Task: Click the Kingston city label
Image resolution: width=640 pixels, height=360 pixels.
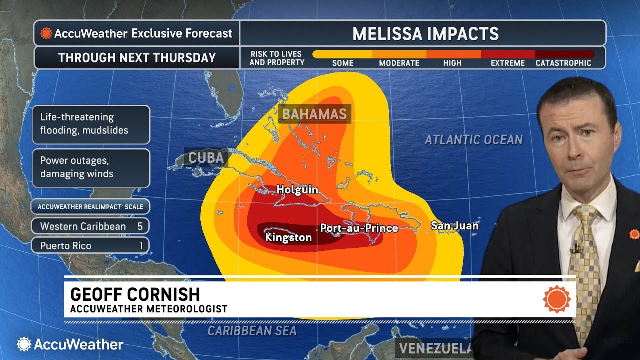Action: click(288, 237)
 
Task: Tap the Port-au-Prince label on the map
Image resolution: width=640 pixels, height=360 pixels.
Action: click(359, 228)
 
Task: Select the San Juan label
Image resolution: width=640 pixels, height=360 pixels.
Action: click(454, 226)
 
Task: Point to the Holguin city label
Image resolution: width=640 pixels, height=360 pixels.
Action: click(297, 190)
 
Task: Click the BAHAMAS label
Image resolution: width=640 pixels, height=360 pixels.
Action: click(314, 114)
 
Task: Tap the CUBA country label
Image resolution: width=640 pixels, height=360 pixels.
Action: click(206, 158)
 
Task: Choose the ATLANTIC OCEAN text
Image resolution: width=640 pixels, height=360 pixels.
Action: click(473, 140)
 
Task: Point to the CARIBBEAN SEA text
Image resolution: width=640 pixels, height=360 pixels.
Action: click(252, 331)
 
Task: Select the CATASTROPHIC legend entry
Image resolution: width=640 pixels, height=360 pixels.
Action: click(563, 63)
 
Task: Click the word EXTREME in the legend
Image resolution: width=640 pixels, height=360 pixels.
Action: click(508, 63)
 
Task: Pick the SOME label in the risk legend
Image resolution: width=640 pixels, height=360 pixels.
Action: click(343, 63)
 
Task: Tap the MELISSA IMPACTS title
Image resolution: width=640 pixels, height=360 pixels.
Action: click(425, 34)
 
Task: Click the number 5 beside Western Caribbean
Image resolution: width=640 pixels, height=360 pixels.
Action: click(140, 226)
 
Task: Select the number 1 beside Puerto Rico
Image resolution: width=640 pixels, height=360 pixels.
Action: click(141, 246)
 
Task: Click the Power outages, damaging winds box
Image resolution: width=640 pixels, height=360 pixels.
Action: click(91, 167)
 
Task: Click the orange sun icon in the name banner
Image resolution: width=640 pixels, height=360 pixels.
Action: click(556, 299)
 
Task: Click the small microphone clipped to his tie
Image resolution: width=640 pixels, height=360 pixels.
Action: click(576, 248)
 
